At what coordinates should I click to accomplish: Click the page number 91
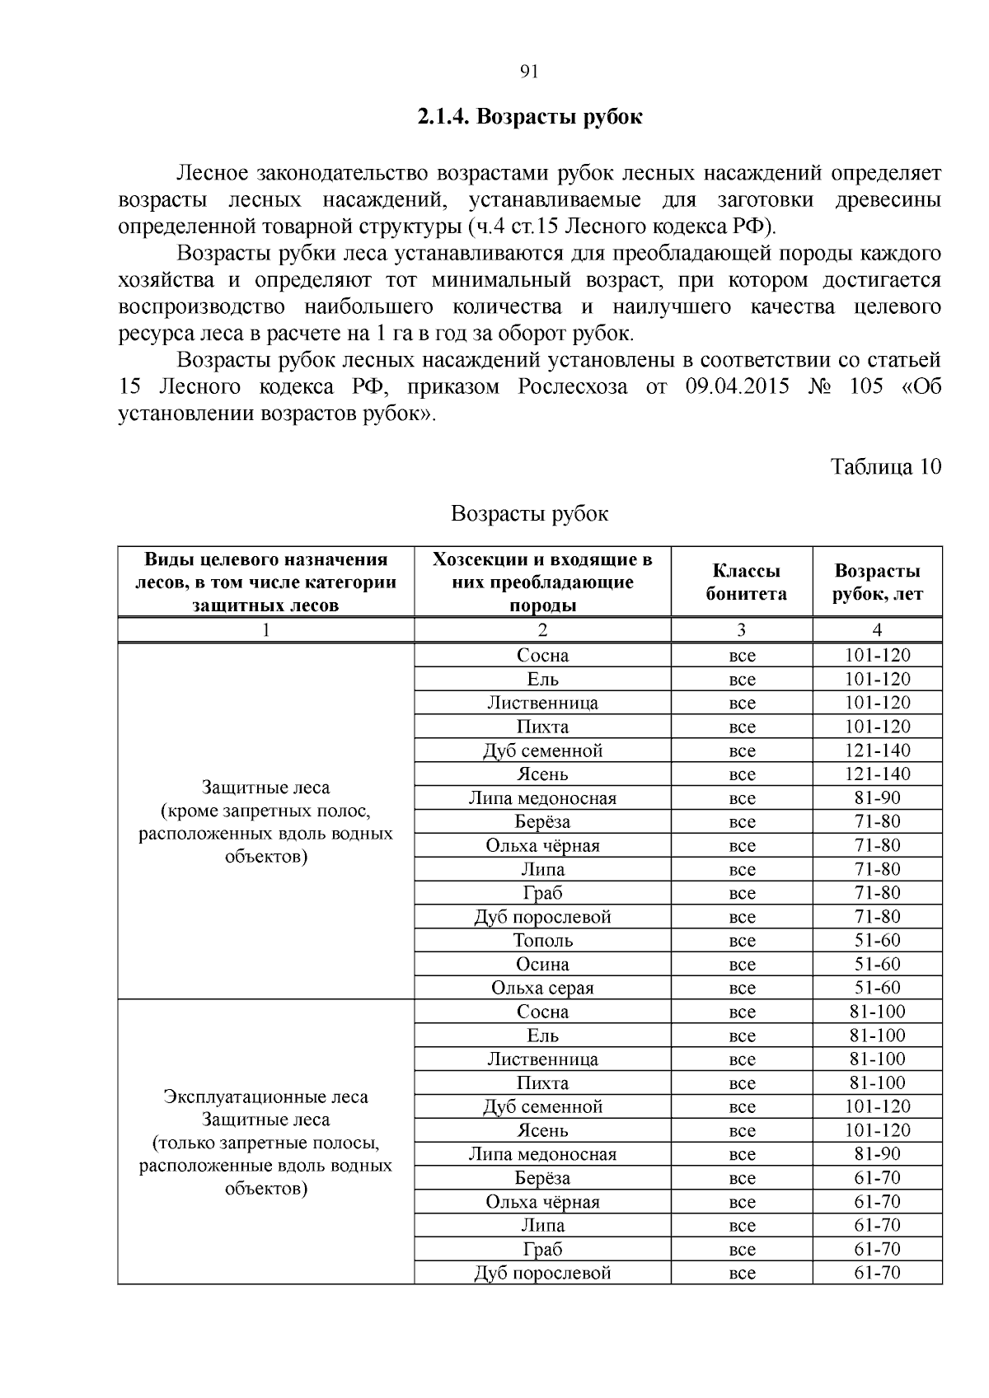point(530,72)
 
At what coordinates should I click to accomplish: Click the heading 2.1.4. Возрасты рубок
point(529,117)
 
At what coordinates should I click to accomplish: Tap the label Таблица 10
point(885,466)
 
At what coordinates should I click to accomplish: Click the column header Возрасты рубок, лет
point(877,582)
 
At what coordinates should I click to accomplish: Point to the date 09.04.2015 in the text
point(737,386)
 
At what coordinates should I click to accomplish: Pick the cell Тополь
point(542,940)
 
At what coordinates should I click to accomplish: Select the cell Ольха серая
point(542,988)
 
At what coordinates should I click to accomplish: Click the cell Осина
point(542,964)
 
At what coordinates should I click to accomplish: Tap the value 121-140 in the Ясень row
point(877,774)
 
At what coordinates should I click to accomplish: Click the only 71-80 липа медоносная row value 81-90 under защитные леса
point(877,797)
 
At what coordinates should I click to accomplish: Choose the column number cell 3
point(741,630)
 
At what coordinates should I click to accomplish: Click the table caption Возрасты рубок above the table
point(529,514)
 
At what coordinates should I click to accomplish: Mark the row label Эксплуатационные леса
point(265,1097)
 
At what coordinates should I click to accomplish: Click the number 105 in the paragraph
point(865,386)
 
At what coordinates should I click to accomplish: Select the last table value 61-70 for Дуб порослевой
point(877,1273)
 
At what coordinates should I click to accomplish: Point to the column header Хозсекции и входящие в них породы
point(542,582)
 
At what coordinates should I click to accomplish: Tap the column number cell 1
point(265,630)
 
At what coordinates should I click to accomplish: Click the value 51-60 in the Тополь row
point(877,940)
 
